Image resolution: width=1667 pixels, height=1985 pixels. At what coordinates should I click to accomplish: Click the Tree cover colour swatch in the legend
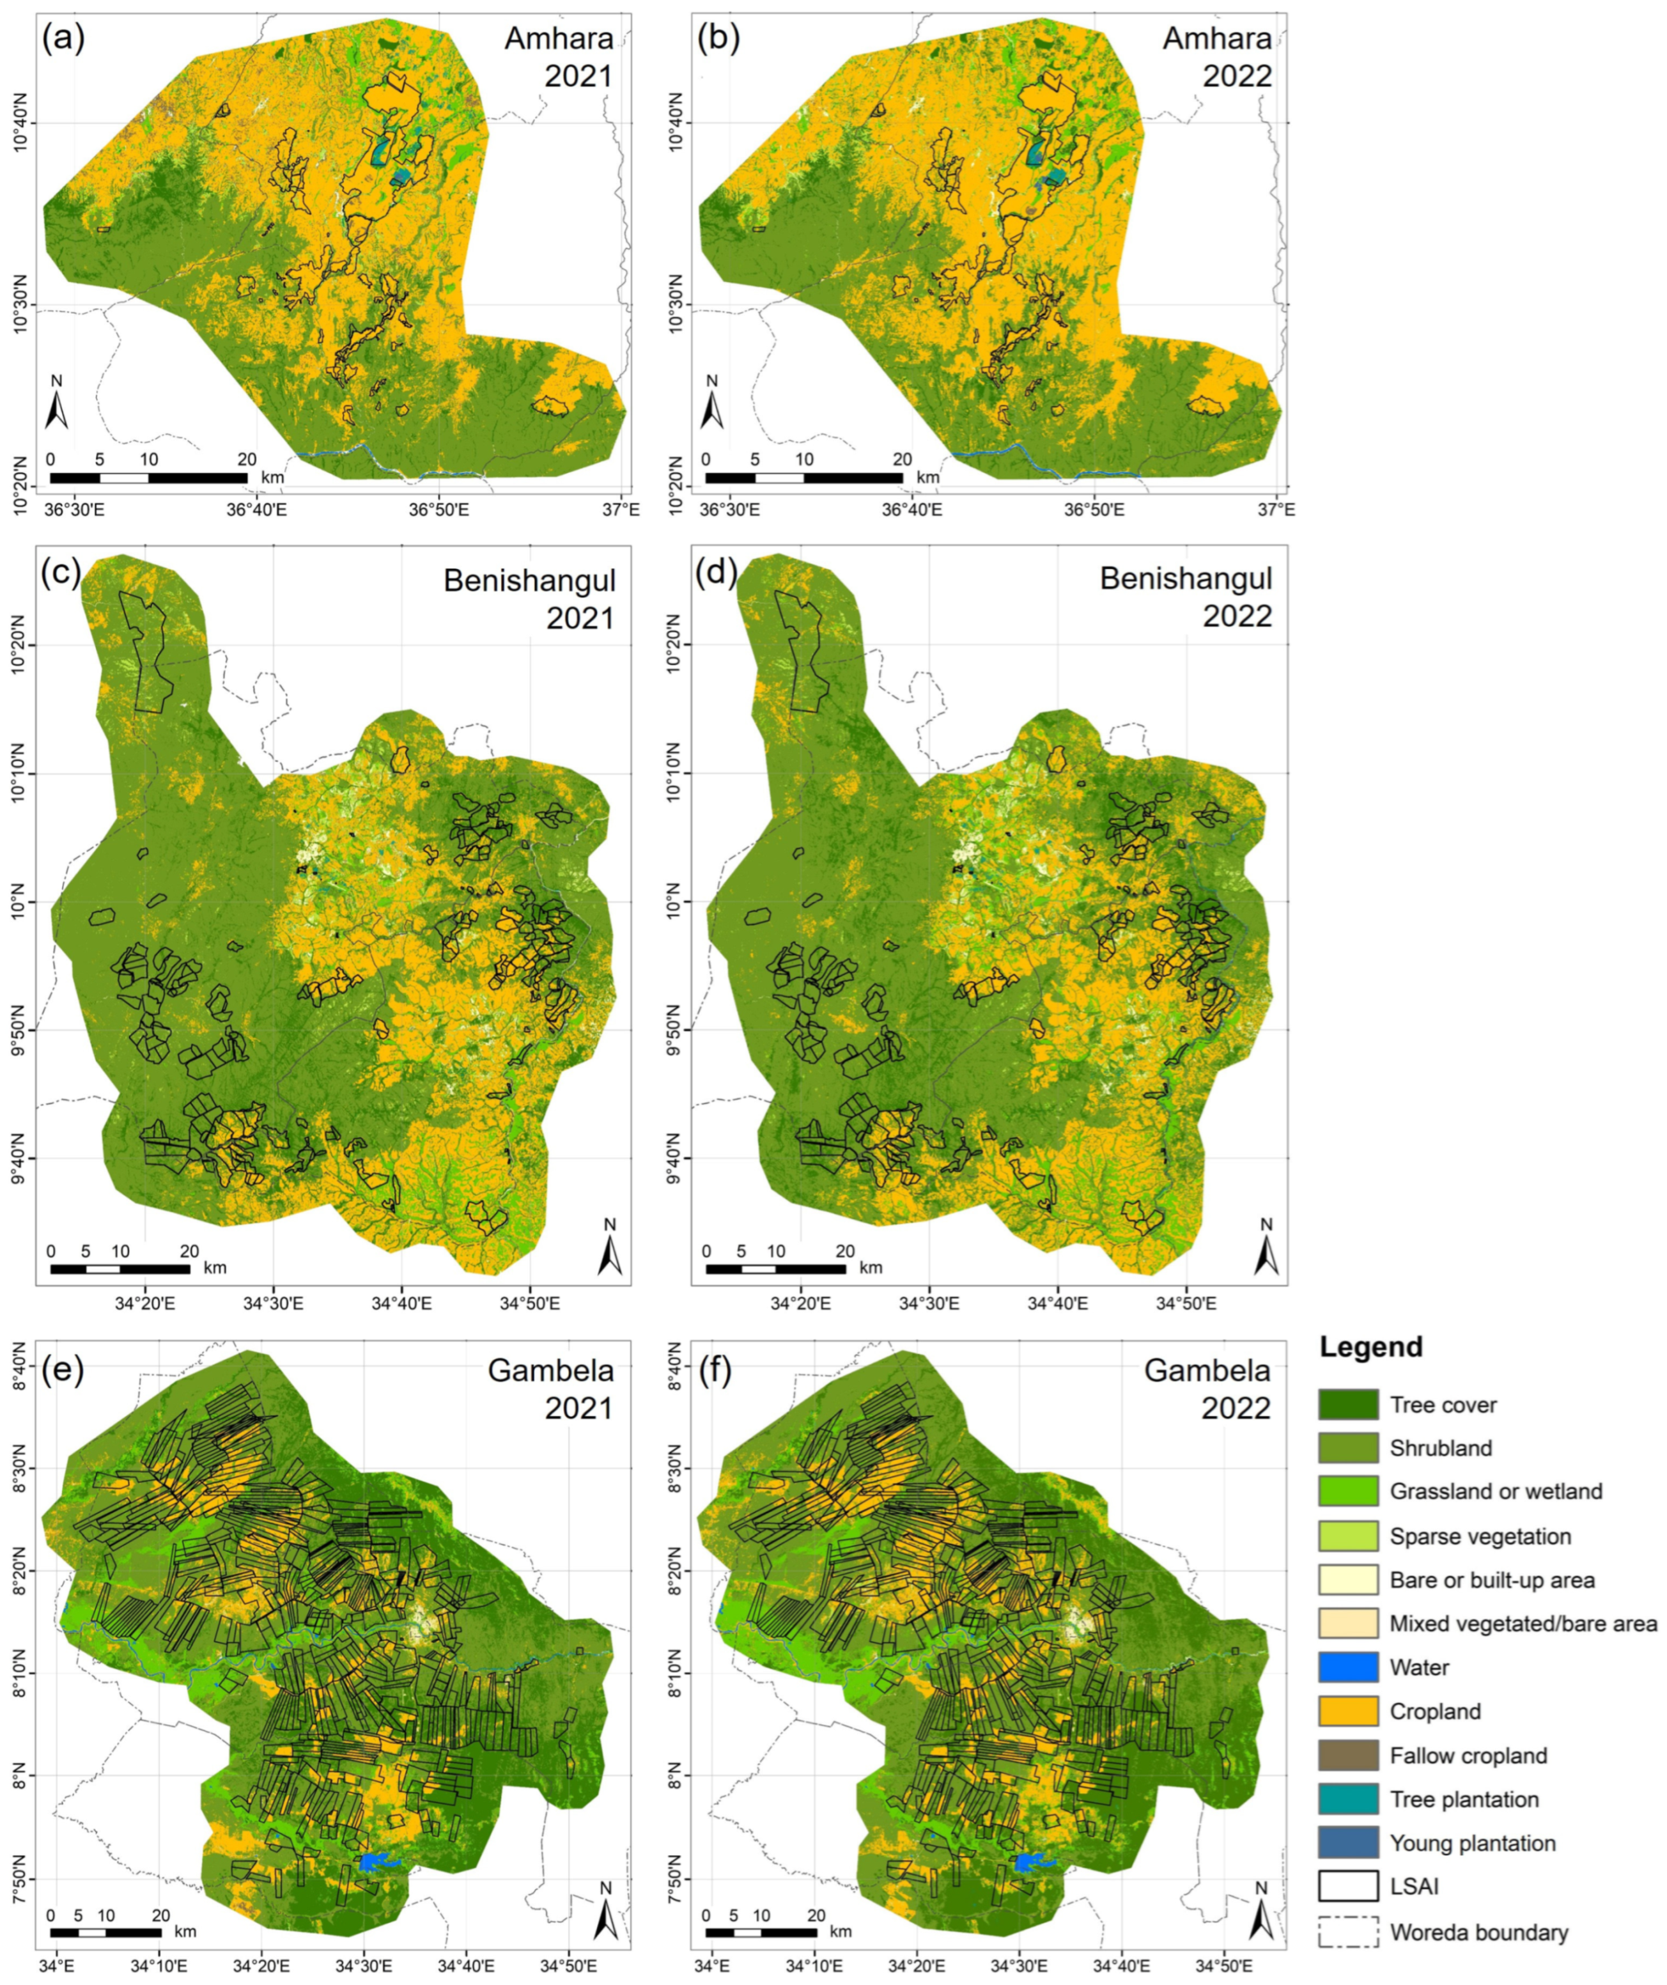tap(1347, 1405)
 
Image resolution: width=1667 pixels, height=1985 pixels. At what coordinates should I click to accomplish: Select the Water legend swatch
tap(1347, 1667)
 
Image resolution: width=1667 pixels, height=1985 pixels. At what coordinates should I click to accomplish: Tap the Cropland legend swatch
tap(1347, 1711)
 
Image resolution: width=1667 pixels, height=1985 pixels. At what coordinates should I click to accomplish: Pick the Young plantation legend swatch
tap(1347, 1842)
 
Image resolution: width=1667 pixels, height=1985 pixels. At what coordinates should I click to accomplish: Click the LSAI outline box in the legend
tap(1347, 1886)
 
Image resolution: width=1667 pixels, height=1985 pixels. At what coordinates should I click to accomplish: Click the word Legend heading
tap(1371, 1347)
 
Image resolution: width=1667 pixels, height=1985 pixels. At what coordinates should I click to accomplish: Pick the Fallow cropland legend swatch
tap(1347, 1755)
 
